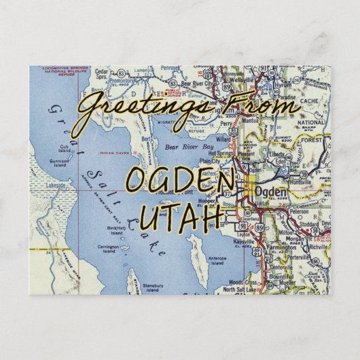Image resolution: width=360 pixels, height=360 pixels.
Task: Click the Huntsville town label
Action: click(295, 181)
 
